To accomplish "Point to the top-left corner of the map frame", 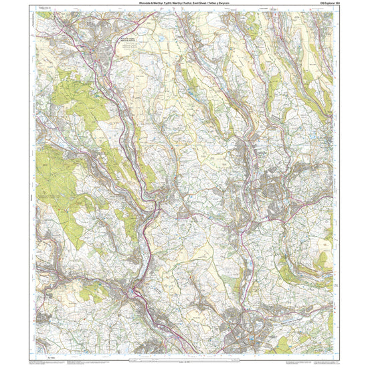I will point(35,11).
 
